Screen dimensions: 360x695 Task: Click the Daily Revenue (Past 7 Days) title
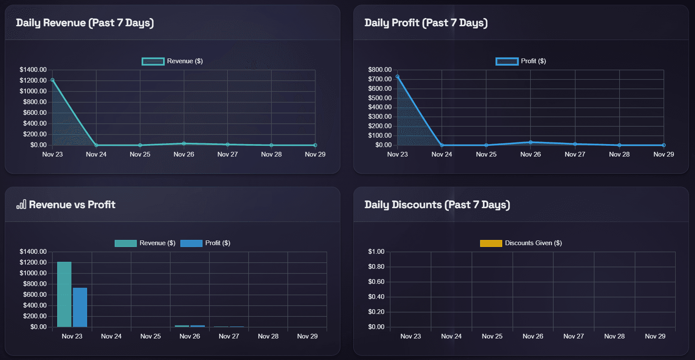[85, 23]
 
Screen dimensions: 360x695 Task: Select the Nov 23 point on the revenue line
[53, 80]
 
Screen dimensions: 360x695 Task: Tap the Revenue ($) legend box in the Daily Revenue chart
[153, 62]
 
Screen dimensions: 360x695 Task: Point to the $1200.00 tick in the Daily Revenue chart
[33, 80]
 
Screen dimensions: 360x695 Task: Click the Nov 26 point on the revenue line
[184, 144]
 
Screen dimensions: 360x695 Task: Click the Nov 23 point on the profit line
[398, 77]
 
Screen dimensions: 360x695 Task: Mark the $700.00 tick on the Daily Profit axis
[380, 79]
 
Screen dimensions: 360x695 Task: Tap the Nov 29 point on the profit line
[664, 145]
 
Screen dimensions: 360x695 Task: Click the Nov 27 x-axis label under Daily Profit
[575, 154]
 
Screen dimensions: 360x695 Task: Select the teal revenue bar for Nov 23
[64, 295]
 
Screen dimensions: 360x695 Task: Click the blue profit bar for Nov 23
[80, 308]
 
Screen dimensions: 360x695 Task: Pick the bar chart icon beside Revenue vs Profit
[21, 204]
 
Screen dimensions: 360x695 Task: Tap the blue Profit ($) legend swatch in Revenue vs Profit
[191, 243]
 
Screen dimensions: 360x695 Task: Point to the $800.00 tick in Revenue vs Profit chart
[33, 284]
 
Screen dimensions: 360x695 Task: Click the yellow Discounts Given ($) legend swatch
[491, 243]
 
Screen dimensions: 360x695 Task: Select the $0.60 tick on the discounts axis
[376, 282]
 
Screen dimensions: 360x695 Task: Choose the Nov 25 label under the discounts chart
[492, 336]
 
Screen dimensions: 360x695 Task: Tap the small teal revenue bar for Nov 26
[182, 326]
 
